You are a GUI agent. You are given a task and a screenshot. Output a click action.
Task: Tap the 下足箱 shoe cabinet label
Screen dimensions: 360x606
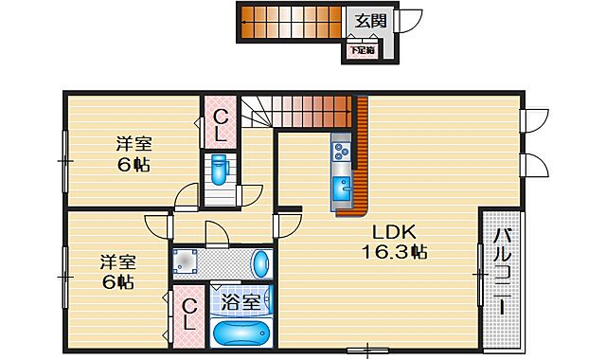tap(361, 49)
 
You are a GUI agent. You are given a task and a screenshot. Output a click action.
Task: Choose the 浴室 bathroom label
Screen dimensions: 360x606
tap(240, 303)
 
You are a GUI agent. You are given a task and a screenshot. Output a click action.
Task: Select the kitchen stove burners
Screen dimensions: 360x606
tap(341, 149)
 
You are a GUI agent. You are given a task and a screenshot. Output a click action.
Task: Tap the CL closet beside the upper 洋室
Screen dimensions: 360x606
tap(220, 124)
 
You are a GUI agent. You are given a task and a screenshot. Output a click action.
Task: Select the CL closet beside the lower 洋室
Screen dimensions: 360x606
tap(189, 314)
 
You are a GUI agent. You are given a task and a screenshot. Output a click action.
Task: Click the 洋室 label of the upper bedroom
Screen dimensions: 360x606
tap(134, 145)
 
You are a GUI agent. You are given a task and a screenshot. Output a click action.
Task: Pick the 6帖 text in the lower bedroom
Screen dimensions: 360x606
tap(118, 281)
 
